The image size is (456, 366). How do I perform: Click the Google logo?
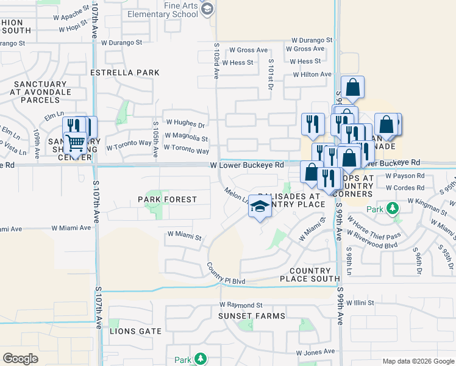pos(20,359)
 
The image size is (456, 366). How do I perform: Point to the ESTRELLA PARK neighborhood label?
pos(124,73)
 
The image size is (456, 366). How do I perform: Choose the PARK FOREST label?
pos(167,199)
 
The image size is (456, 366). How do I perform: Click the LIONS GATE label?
pos(135,331)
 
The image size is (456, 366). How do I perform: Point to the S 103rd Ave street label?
pos(216,61)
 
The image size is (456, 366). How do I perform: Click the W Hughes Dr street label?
pos(185,123)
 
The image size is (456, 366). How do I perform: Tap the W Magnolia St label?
pos(187,138)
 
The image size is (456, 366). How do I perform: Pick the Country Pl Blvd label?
pos(226,274)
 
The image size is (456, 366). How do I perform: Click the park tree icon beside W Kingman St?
pos(393,209)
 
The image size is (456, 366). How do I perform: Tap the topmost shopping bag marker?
pos(352,88)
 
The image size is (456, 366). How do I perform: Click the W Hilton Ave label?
pos(312,74)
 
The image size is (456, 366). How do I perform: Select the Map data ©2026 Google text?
pos(418,361)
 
